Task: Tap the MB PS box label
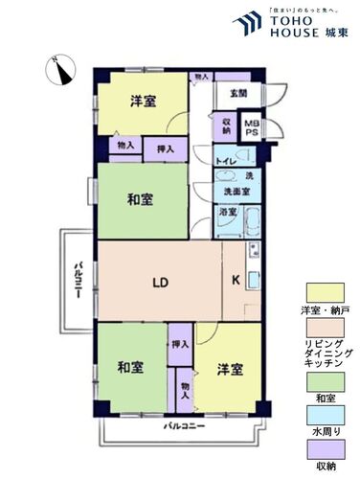tap(250, 128)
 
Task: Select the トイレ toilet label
tap(225, 162)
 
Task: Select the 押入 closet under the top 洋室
tap(166, 149)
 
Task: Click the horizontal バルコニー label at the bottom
tap(183, 423)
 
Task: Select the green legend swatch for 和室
tap(322, 381)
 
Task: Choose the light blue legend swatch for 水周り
tap(322, 415)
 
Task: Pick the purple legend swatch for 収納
tap(322, 448)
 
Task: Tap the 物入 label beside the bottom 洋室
tap(183, 387)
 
